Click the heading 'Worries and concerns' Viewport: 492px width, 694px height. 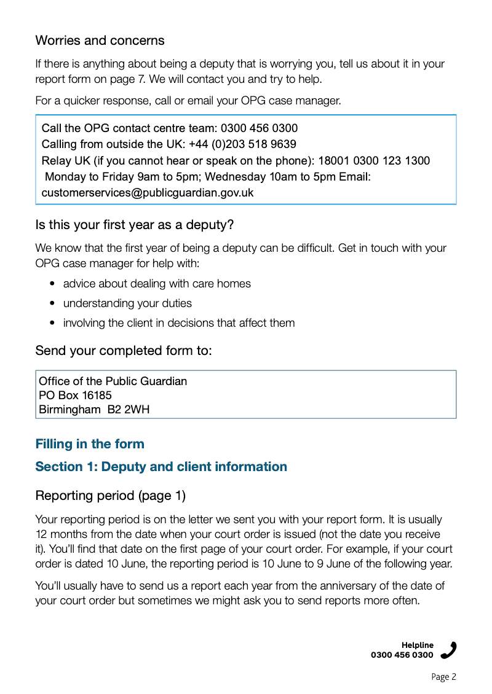click(100, 41)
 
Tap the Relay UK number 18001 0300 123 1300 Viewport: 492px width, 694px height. click(374, 160)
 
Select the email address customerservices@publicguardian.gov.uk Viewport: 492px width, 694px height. click(147, 192)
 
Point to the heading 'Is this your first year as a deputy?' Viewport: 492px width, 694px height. click(134, 225)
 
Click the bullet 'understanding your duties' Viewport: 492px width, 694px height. click(127, 303)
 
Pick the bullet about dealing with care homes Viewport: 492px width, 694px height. click(157, 284)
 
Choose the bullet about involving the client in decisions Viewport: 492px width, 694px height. click(178, 323)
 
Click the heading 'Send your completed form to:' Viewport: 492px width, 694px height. click(124, 351)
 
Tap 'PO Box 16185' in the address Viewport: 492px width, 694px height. click(75, 396)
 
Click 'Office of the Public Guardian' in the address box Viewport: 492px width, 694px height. click(113, 381)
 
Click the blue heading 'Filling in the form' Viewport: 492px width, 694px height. click(90, 444)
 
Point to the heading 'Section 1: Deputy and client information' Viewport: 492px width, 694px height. click(161, 467)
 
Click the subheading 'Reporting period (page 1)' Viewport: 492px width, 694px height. click(110, 495)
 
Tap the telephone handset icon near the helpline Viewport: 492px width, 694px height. click(449, 650)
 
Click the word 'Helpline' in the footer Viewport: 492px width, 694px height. click(418, 645)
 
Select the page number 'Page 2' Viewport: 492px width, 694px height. click(443, 677)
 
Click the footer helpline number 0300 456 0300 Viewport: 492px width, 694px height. click(402, 655)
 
